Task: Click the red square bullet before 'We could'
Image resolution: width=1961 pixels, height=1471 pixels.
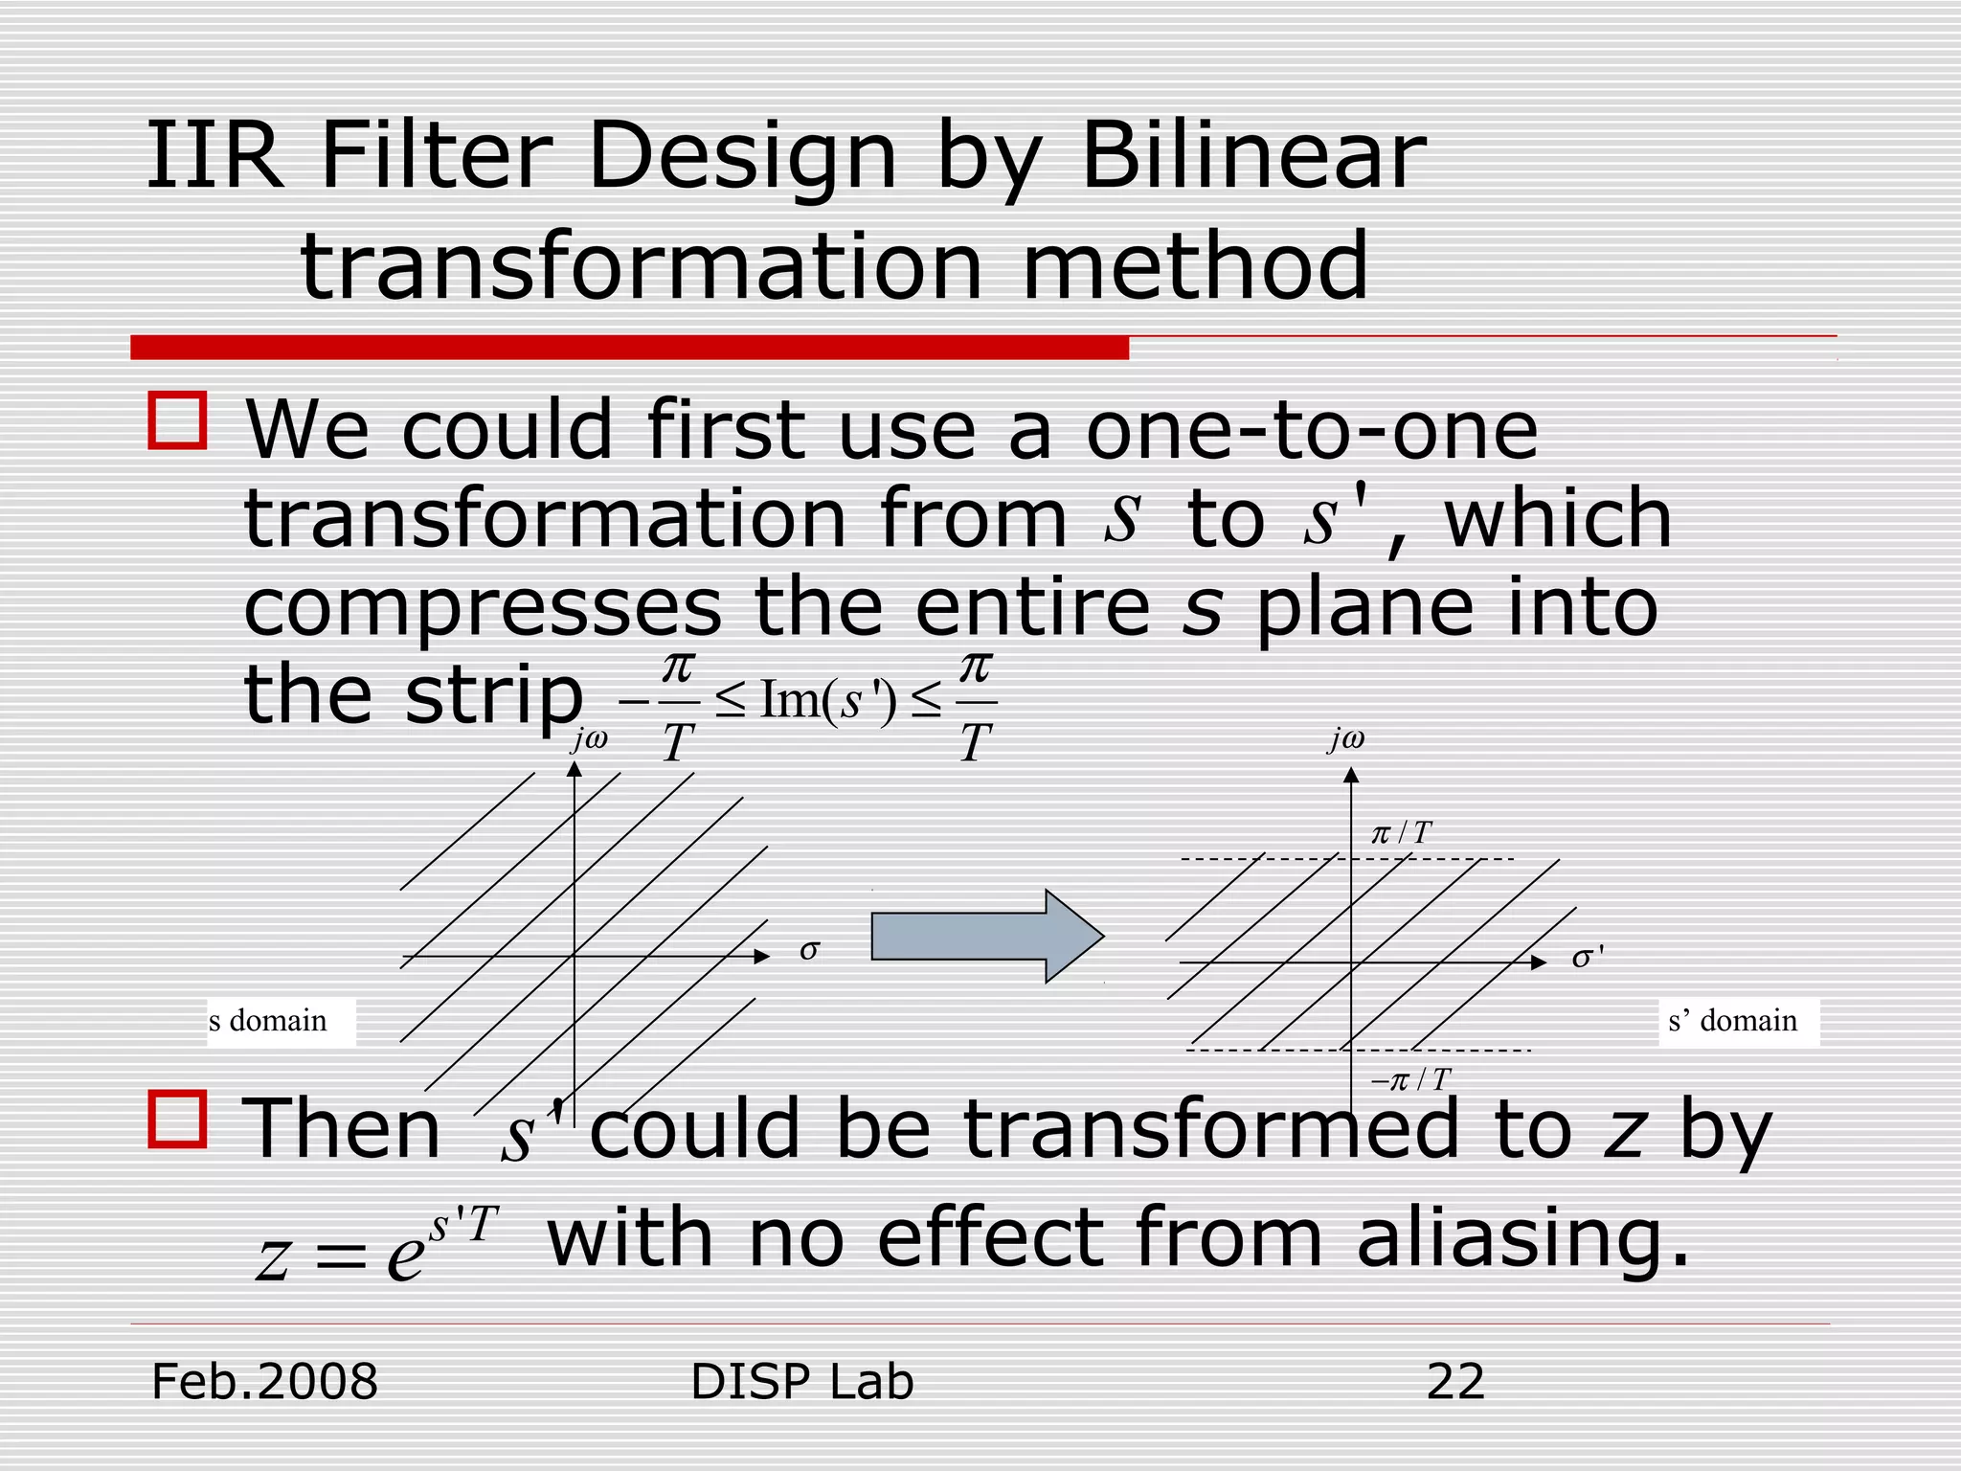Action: point(177,420)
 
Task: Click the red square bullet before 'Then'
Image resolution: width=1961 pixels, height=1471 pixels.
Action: point(177,1119)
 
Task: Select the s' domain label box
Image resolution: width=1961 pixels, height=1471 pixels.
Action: point(1737,1021)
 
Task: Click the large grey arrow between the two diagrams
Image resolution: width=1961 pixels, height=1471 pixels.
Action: point(986,936)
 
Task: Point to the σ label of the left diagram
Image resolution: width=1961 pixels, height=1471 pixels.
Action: point(809,950)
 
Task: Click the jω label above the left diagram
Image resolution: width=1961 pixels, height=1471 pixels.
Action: point(589,738)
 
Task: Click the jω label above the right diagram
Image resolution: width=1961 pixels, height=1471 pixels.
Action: point(1346,738)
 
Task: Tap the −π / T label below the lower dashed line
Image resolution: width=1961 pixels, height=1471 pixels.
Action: point(1410,1080)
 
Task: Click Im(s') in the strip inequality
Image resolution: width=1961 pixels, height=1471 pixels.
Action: point(828,700)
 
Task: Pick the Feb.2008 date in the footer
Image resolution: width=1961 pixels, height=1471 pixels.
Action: point(264,1382)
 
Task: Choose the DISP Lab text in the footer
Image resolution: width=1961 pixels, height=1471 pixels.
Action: point(801,1382)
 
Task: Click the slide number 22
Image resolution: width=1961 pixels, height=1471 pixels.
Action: point(1454,1382)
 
